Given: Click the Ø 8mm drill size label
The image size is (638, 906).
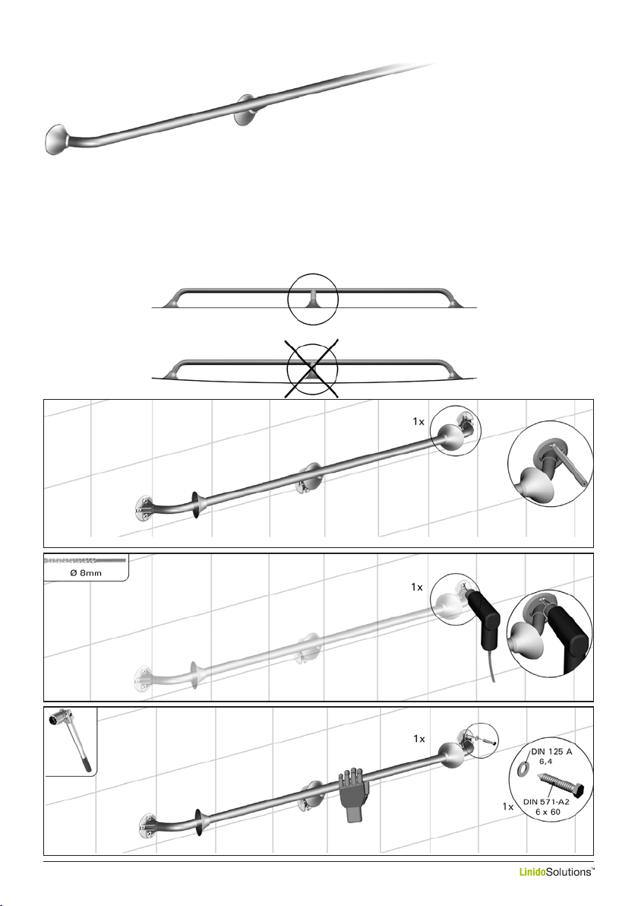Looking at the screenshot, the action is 86,572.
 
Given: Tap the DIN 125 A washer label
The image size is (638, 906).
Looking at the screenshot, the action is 551,752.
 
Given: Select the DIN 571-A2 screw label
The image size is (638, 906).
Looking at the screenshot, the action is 546,801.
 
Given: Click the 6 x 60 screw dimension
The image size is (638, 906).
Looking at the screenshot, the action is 548,812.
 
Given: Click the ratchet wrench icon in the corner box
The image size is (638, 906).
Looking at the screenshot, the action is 71,739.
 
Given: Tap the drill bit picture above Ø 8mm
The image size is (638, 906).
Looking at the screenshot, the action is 86,560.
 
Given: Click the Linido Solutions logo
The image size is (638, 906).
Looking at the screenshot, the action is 556,872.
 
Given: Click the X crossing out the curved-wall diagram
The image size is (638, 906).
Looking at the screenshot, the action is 311,368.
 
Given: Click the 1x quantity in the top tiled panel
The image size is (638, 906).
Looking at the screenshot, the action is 418,422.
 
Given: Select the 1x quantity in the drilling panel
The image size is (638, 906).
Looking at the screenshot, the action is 417,587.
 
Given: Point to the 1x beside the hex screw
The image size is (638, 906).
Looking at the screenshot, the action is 508,806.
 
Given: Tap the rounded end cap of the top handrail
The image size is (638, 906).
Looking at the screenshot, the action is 56,139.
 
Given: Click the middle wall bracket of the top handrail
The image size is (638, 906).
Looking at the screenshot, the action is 245,110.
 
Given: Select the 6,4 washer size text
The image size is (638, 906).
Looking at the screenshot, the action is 545,762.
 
